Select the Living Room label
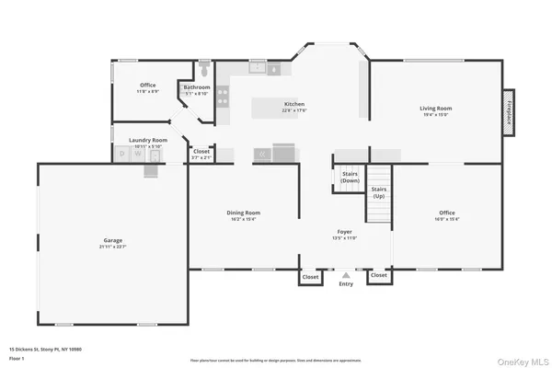[x=436, y=109]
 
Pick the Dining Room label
[x=244, y=214]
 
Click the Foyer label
[x=344, y=233]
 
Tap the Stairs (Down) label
[x=351, y=177]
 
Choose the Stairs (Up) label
[x=378, y=191]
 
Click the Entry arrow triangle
[x=346, y=274]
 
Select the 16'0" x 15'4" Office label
[x=447, y=214]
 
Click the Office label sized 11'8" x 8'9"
[x=148, y=88]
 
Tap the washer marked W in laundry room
[x=137, y=155]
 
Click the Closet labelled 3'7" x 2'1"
[x=201, y=154]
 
